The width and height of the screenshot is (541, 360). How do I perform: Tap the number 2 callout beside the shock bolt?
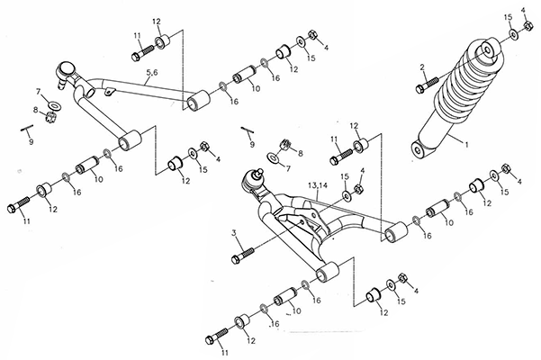422,68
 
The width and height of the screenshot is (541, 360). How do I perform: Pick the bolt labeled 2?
426,87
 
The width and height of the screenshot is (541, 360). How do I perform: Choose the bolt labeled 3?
238,258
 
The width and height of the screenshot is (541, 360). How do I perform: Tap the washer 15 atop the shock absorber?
513,35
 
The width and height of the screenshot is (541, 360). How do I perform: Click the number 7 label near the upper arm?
39,93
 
